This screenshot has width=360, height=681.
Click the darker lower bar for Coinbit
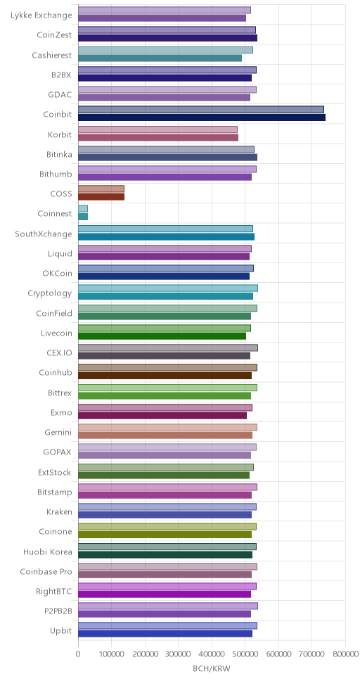pos(202,117)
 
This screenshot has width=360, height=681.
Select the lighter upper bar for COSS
pos(101,189)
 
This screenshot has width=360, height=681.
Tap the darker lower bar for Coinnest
pos(83,217)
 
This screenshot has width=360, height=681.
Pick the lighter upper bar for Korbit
pos(157,129)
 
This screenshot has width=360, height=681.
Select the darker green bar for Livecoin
pos(162,336)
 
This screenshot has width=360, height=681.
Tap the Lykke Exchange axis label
pos(41,15)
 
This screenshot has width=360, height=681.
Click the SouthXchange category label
pos(44,234)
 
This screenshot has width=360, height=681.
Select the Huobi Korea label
pos(48,552)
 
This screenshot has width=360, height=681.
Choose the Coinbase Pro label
pos(46,573)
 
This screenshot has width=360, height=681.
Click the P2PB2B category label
pos(58,612)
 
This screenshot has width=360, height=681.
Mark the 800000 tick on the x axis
pos(345,653)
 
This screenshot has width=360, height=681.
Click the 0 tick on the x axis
pos(78,653)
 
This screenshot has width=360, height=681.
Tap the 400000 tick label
pos(212,653)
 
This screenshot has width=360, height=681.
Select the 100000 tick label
pos(112,653)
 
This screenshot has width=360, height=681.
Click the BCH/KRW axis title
pos(212,669)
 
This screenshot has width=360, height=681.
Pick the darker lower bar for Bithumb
pos(165,177)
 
